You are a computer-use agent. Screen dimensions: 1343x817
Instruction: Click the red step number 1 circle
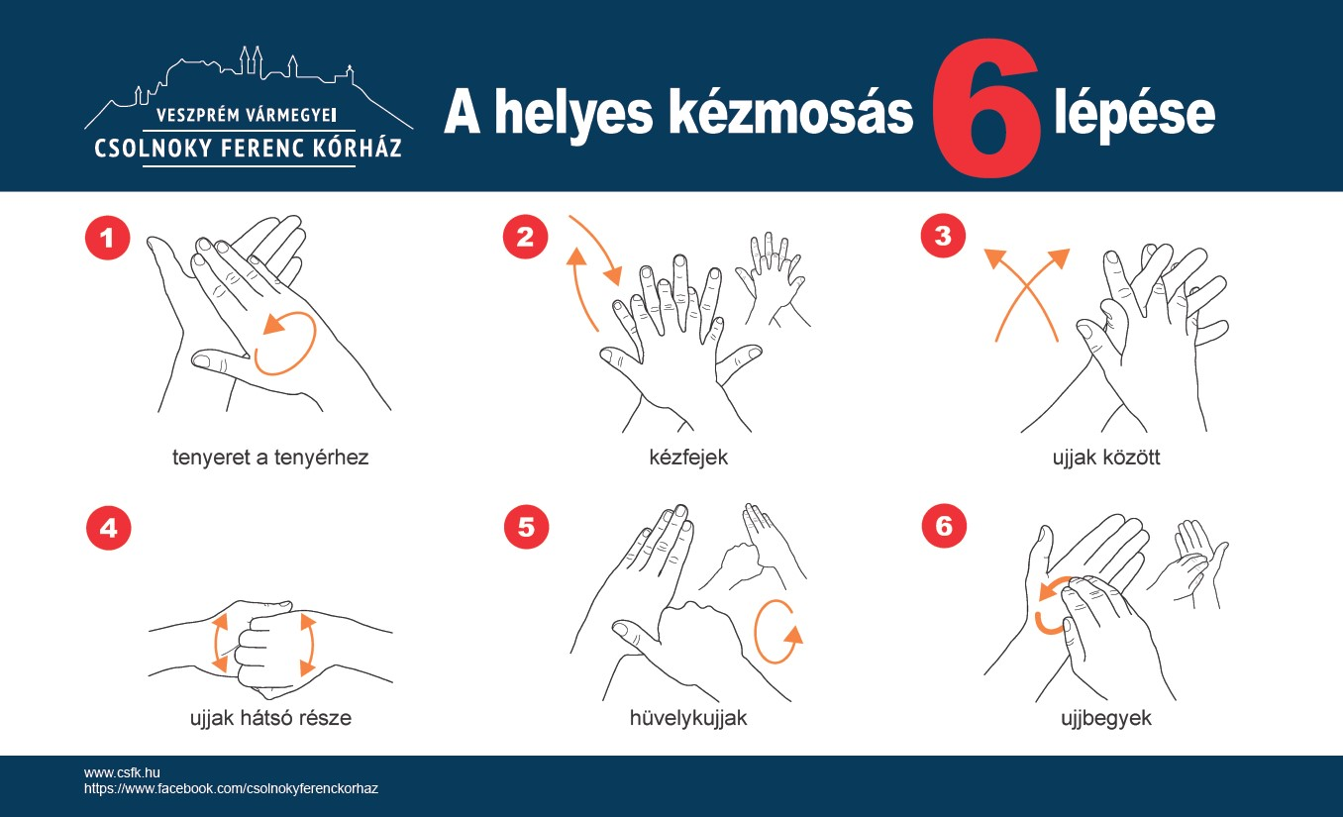[107, 238]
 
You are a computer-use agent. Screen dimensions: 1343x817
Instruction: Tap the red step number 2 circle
[525, 237]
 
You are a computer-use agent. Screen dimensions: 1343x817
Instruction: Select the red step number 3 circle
[943, 236]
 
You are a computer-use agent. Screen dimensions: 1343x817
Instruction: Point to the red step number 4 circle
[109, 528]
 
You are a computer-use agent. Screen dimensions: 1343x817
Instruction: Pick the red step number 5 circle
[527, 527]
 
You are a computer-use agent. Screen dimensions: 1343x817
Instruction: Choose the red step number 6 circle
[944, 526]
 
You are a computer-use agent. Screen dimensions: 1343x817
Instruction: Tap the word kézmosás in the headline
[790, 112]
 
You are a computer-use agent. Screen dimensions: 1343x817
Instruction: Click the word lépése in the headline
[1135, 115]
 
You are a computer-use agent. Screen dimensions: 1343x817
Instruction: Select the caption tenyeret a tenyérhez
[270, 458]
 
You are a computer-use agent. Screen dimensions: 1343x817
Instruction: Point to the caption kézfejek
[688, 458]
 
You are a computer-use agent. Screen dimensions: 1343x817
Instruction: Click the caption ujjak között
[1106, 458]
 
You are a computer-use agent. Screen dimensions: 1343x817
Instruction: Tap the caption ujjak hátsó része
[270, 718]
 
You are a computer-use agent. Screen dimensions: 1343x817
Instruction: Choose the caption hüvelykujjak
[688, 718]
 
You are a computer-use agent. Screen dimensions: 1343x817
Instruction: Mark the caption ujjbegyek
[1106, 718]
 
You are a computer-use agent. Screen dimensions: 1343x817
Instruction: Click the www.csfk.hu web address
[122, 773]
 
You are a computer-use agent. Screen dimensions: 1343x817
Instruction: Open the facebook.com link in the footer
[231, 789]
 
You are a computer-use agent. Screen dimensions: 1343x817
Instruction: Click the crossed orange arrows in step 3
[1026, 292]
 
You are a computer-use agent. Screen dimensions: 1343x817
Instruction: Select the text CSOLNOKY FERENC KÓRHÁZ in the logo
[249, 149]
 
